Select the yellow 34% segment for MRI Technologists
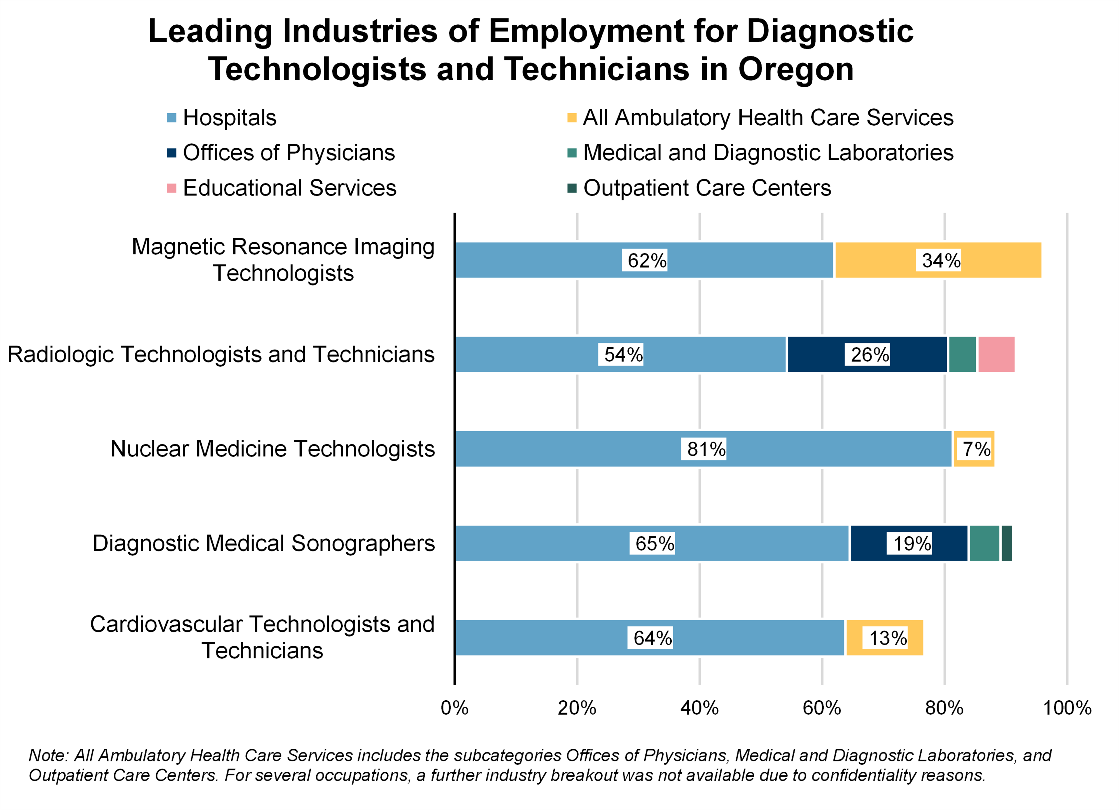click(937, 260)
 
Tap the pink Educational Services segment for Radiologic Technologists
click(996, 354)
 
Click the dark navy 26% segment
click(867, 354)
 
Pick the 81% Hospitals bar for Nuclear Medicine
click(703, 449)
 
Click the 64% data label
click(652, 638)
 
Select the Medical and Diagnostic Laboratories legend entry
click(768, 153)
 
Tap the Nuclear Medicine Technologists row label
click(272, 449)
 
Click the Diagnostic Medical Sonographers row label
click(264, 543)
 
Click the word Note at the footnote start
click(47, 755)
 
